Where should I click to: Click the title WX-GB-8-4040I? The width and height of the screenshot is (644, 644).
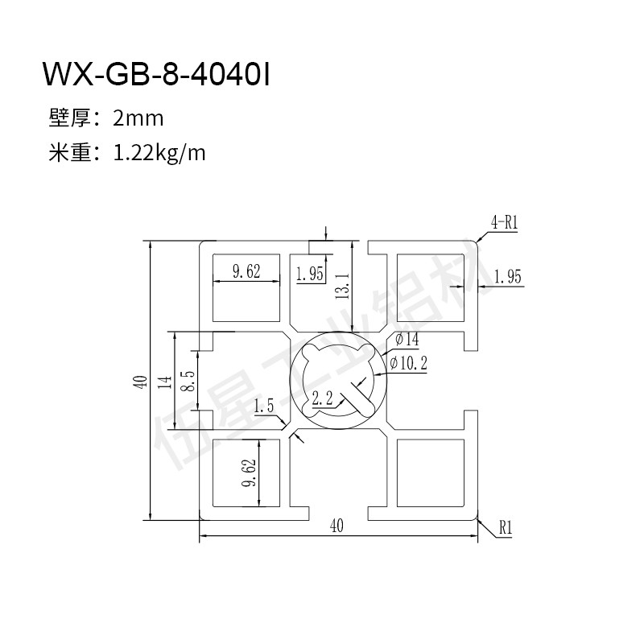(156, 74)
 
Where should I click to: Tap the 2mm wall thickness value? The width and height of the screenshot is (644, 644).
(138, 118)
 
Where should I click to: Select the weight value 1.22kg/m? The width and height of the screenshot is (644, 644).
(159, 154)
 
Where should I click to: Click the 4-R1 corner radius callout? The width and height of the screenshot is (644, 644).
(505, 223)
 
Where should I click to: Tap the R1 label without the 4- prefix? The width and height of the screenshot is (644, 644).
(506, 527)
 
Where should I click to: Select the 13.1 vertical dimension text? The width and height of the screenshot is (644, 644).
(342, 286)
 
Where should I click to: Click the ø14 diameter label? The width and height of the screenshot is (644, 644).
(407, 340)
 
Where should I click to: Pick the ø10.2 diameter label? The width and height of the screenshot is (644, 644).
(408, 363)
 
